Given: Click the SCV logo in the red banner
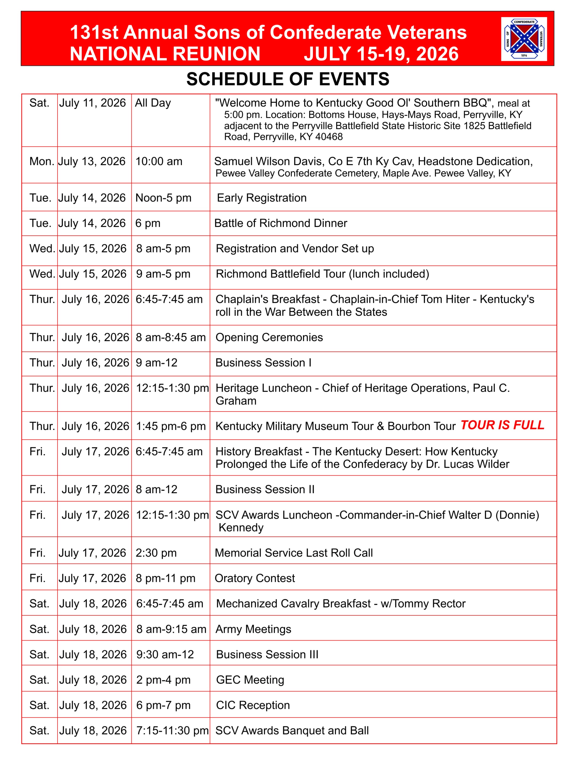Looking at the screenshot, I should point(523,39).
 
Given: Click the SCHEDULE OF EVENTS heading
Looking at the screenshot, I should point(288,79).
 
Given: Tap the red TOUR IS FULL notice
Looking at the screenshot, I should point(502,425).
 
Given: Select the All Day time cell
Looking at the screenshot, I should point(153,103).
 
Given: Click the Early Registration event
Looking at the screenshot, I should point(262,198).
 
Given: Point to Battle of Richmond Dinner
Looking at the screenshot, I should point(281,223).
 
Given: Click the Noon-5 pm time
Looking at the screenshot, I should point(163,198).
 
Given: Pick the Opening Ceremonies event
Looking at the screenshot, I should point(269,337).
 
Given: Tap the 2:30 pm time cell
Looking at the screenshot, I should point(156,553).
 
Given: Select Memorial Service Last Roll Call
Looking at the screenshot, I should point(293,553).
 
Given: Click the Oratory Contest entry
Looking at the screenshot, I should point(255,578).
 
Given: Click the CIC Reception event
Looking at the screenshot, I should point(253,705).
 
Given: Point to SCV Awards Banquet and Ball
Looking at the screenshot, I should point(292,731).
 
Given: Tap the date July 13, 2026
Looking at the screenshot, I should point(92,161).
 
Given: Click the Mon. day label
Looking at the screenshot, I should point(42,161).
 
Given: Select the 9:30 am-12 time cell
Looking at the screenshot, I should point(165,654).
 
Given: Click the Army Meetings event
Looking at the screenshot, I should point(253,629).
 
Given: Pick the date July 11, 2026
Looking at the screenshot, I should point(92,103).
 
